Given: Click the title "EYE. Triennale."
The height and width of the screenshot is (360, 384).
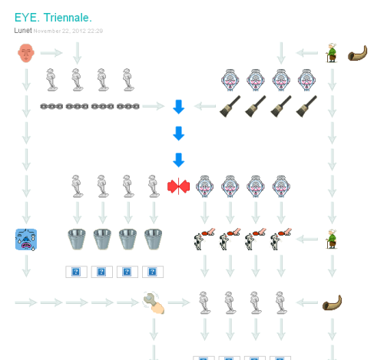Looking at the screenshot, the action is [x=53, y=18].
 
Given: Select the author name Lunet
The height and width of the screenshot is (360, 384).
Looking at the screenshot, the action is [x=23, y=31].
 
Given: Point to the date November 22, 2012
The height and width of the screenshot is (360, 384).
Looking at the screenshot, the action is [x=60, y=31].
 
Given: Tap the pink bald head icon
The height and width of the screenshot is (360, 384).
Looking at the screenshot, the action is [x=26, y=53].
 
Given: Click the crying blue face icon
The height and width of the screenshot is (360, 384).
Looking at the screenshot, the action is [x=26, y=239].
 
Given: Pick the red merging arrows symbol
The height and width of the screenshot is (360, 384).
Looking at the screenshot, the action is [x=178, y=187].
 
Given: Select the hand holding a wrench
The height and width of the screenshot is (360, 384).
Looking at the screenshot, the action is [x=154, y=302].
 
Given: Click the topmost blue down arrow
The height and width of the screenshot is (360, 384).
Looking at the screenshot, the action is [x=179, y=107].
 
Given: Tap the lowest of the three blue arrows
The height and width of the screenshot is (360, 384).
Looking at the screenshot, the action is [x=179, y=160].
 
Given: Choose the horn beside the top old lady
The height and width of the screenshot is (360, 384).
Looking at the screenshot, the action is [x=357, y=53].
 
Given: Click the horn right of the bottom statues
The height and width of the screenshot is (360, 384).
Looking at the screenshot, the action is [x=332, y=302].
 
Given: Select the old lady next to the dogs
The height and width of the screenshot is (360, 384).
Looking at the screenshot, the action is [x=332, y=239].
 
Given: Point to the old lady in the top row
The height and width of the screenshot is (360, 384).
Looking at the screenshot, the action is [x=332, y=53].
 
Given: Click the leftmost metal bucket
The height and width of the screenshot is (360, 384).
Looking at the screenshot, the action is [x=77, y=239].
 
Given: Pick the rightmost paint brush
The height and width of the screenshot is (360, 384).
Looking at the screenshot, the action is [x=306, y=107].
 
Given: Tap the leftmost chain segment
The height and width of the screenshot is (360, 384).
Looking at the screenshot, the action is [x=51, y=106].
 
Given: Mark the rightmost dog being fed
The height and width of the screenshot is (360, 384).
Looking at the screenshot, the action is [x=280, y=239].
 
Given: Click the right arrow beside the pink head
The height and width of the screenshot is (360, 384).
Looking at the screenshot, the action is [x=51, y=53].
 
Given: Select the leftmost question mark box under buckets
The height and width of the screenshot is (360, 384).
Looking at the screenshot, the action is [x=76, y=272].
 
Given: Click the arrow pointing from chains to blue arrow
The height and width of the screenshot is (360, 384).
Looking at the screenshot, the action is [x=154, y=106].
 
